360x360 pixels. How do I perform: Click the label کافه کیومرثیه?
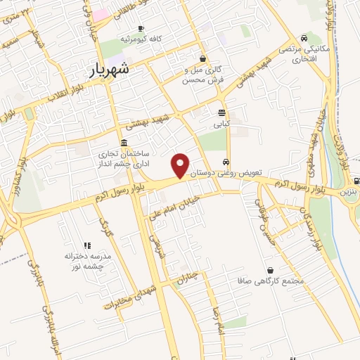coord(141,39)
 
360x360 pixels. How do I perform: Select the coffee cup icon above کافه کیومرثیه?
coord(141,28)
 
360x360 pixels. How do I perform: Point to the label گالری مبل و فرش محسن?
coord(202,75)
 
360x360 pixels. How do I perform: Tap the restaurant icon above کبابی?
coord(222,112)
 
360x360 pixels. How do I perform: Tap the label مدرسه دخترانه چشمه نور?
coord(89,262)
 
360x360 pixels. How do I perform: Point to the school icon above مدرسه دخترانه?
coord(88,245)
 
